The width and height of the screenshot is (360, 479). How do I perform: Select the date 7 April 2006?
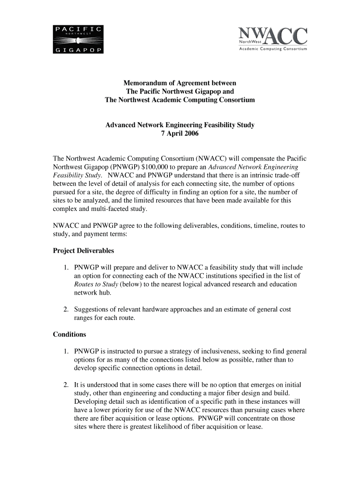[180, 133]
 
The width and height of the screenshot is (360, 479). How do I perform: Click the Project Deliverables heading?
[83, 251]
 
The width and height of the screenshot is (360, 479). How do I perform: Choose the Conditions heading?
[69, 334]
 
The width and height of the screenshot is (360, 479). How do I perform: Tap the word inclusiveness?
[226, 351]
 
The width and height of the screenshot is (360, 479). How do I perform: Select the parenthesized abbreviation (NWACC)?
[203, 159]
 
